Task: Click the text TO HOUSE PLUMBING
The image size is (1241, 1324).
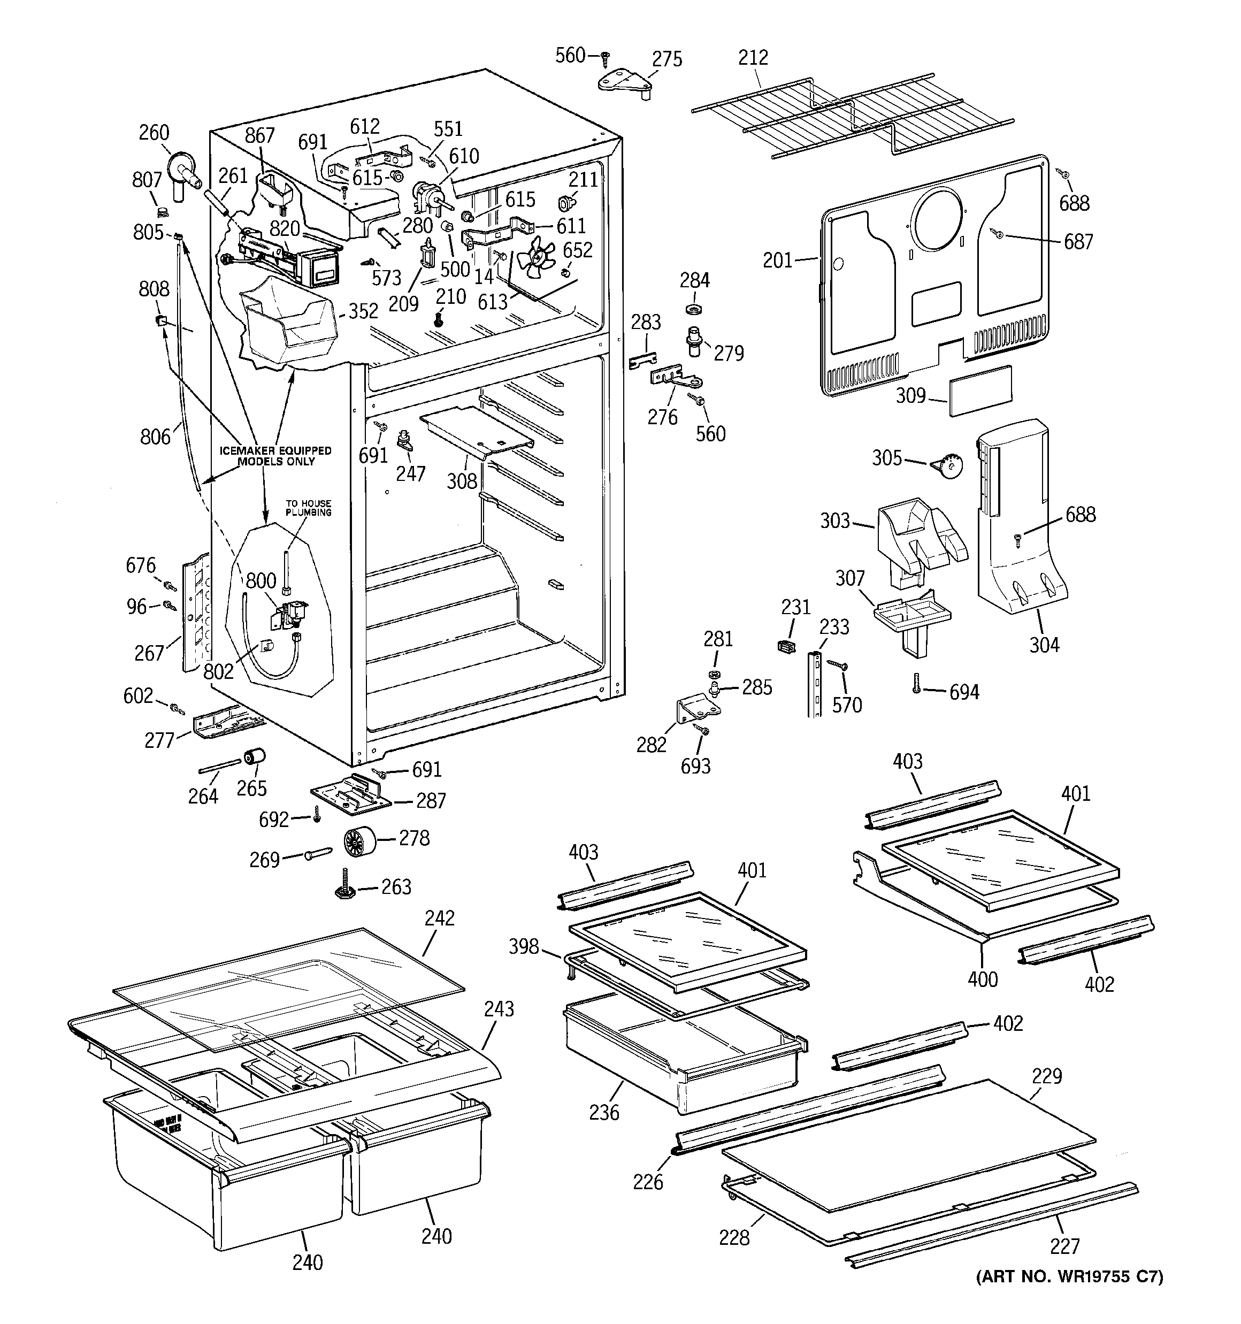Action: pyautogui.click(x=309, y=508)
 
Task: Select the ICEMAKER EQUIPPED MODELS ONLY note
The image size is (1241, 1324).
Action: pyautogui.click(x=276, y=456)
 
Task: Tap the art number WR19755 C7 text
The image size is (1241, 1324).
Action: pyautogui.click(x=1069, y=1277)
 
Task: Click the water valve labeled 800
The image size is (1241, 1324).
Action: pyautogui.click(x=289, y=614)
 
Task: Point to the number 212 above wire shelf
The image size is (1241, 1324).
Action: pyautogui.click(x=753, y=57)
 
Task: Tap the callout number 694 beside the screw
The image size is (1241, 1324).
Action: pyautogui.click(x=964, y=693)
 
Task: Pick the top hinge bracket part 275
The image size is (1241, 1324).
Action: pyautogui.click(x=625, y=84)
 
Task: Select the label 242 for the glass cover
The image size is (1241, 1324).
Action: pyautogui.click(x=439, y=919)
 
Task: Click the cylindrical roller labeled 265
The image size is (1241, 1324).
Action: pyautogui.click(x=254, y=758)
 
